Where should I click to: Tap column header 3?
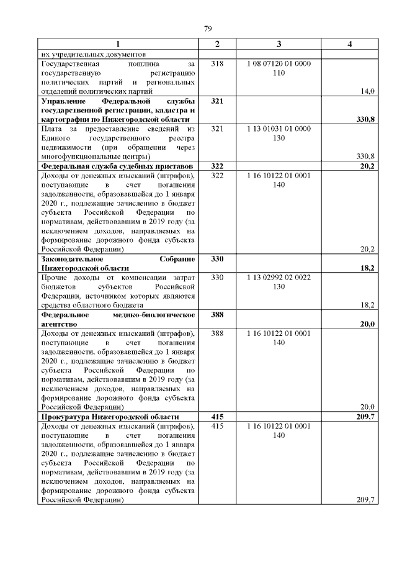pos(279,44)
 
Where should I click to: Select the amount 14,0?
pos(368,91)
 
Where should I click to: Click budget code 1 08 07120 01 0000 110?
pos(279,68)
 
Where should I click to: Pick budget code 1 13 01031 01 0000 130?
pos(279,133)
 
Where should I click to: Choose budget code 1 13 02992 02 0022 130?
pos(279,282)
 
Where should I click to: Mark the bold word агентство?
pos(58,324)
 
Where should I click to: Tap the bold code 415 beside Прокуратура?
pos(217,417)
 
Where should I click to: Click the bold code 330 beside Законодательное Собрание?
pos(217,259)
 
